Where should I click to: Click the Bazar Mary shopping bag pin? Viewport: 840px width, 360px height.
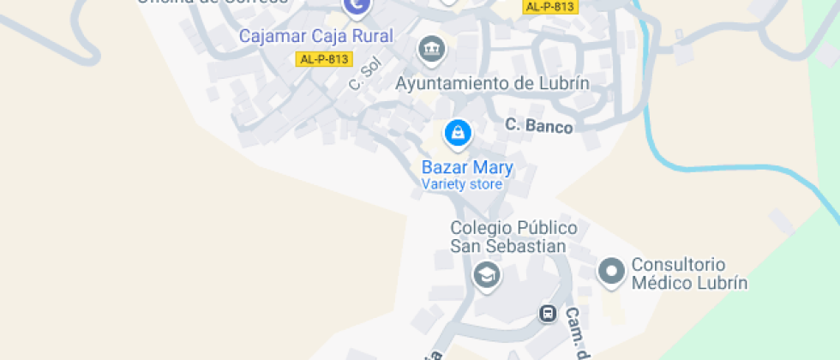pos(458,133)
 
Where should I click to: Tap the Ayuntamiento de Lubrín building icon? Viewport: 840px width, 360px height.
pos(431,49)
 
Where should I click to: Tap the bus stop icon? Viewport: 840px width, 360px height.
pos(548,314)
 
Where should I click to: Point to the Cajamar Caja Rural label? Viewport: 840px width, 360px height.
pos(315,36)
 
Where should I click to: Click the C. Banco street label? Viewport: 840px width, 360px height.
pos(538,125)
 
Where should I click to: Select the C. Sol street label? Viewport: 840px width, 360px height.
pos(363,75)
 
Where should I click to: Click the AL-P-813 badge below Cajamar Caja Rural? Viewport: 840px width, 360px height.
pos(325,59)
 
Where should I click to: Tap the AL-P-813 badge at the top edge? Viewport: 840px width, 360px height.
pos(550,7)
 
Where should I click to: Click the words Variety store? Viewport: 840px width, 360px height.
pos(462,184)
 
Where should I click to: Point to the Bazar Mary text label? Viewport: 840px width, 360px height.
pos(467,167)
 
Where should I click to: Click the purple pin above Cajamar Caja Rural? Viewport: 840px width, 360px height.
pos(356,7)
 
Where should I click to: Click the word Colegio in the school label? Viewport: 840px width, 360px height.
pos(481,229)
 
